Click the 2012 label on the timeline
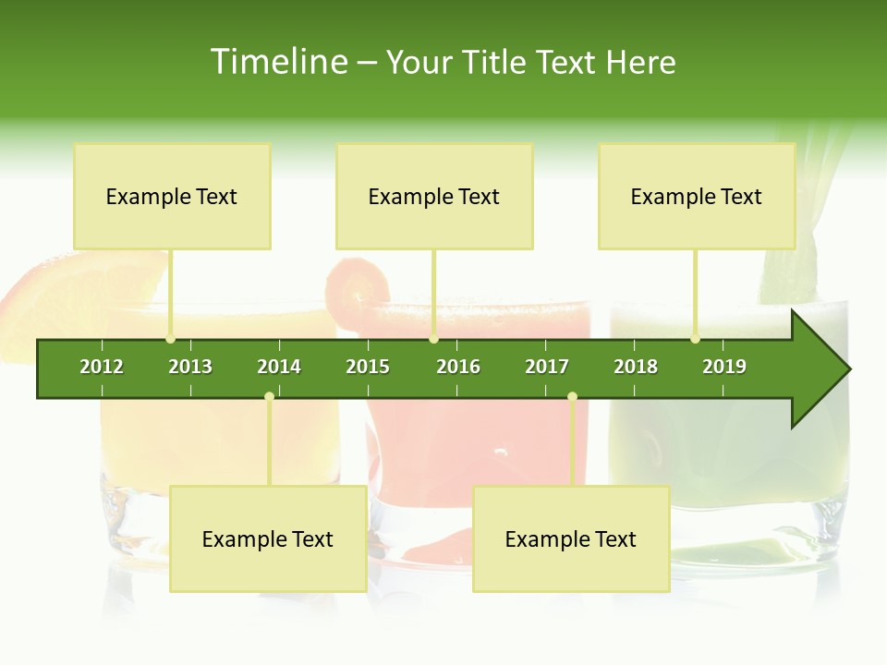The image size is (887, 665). [102, 367]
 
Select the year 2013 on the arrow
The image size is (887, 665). [190, 367]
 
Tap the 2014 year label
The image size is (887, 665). [279, 367]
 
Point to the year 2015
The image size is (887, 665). [368, 367]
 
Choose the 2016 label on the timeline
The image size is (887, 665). [458, 367]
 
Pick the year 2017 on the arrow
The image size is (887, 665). [547, 367]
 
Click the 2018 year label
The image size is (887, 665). [636, 367]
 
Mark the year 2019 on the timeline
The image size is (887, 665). [724, 367]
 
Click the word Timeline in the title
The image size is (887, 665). [278, 62]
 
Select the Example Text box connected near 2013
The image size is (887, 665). [172, 196]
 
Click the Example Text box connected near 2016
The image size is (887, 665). [434, 196]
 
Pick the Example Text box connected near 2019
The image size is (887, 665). [697, 196]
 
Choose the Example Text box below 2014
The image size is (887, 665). [268, 538]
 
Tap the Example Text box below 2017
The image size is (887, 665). [571, 538]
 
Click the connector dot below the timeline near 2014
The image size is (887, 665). [269, 396]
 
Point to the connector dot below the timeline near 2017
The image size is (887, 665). [572, 396]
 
